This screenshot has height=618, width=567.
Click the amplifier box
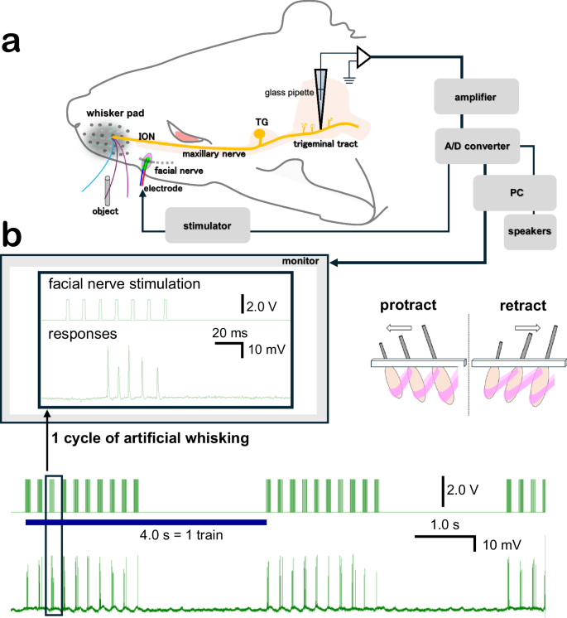(x=476, y=98)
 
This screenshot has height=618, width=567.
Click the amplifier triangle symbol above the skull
(x=362, y=56)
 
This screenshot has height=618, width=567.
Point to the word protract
(x=409, y=306)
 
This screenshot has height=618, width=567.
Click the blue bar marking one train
(x=146, y=522)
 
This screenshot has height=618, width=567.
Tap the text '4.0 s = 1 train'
(x=183, y=536)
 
